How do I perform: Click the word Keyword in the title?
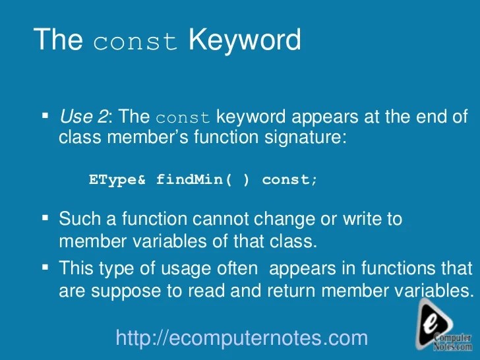244,40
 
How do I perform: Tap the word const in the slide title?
136,42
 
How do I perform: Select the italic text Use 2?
83,118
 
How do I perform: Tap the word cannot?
228,218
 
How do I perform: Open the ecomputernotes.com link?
241,338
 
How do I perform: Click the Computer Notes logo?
443,326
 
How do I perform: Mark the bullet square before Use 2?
45,117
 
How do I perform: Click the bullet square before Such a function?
45,217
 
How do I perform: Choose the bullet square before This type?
45,267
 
